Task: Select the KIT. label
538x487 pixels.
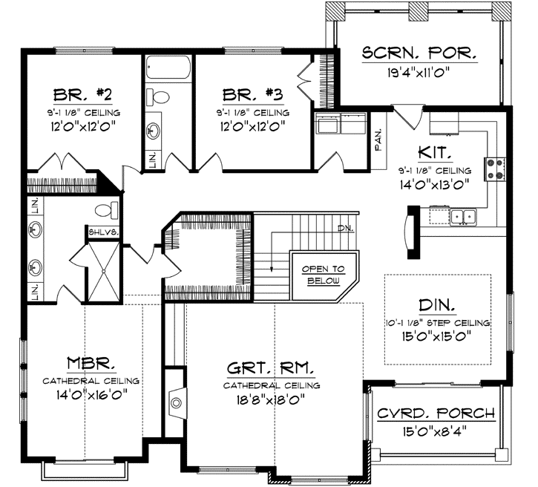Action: (435, 153)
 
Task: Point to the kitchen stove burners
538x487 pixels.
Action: (495, 169)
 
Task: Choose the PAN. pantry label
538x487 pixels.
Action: (378, 137)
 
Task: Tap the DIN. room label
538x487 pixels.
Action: (438, 304)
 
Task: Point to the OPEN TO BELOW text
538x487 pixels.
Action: (324, 275)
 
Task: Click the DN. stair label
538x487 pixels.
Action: (346, 227)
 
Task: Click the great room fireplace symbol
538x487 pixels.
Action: (176, 403)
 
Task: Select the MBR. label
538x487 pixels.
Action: (92, 363)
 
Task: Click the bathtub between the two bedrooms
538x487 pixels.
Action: (168, 68)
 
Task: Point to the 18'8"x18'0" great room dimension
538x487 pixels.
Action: (272, 402)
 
